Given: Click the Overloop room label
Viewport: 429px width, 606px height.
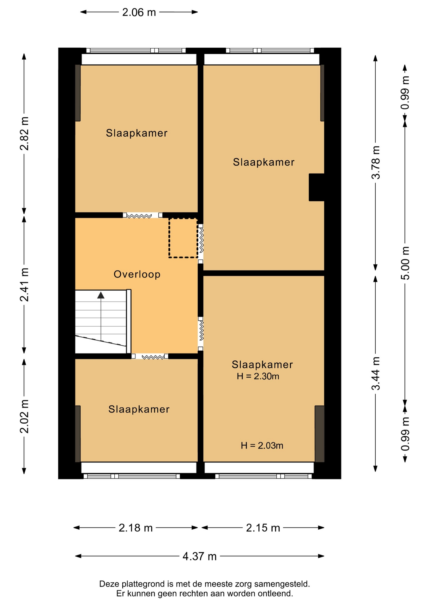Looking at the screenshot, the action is pyautogui.click(x=137, y=274).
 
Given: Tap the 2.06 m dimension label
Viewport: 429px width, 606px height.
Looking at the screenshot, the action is pyautogui.click(x=139, y=12).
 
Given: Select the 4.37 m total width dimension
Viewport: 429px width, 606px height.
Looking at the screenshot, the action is pyautogui.click(x=200, y=556).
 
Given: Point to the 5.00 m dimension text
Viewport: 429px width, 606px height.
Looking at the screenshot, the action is pyautogui.click(x=405, y=263).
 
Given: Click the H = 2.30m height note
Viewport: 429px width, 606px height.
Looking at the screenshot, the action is pyautogui.click(x=258, y=376).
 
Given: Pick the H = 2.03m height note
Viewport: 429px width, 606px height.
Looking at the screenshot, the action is pyautogui.click(x=262, y=445).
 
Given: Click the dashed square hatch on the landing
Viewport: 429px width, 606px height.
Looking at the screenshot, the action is pyautogui.click(x=183, y=238).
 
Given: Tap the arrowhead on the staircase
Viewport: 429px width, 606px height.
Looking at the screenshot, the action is pyautogui.click(x=101, y=295).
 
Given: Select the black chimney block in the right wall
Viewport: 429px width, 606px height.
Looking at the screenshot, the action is pyautogui.click(x=317, y=187).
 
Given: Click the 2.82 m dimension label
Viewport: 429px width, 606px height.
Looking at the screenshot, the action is pyautogui.click(x=24, y=134).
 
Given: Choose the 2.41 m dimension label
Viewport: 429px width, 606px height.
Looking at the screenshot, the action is pyautogui.click(x=24, y=285).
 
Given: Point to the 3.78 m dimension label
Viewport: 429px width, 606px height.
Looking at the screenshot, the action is pyautogui.click(x=376, y=163).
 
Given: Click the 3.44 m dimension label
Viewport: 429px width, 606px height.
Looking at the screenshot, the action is pyautogui.click(x=376, y=374).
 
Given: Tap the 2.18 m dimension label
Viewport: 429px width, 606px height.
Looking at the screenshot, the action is pyautogui.click(x=136, y=528).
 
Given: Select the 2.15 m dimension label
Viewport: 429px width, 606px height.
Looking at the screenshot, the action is pyautogui.click(x=263, y=528).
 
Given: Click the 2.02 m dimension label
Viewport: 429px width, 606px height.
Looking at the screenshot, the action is pyautogui.click(x=24, y=416).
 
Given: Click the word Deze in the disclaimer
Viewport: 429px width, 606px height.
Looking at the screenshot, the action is pyautogui.click(x=108, y=584).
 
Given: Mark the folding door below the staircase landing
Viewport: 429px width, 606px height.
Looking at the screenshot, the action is pyautogui.click(x=150, y=356).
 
